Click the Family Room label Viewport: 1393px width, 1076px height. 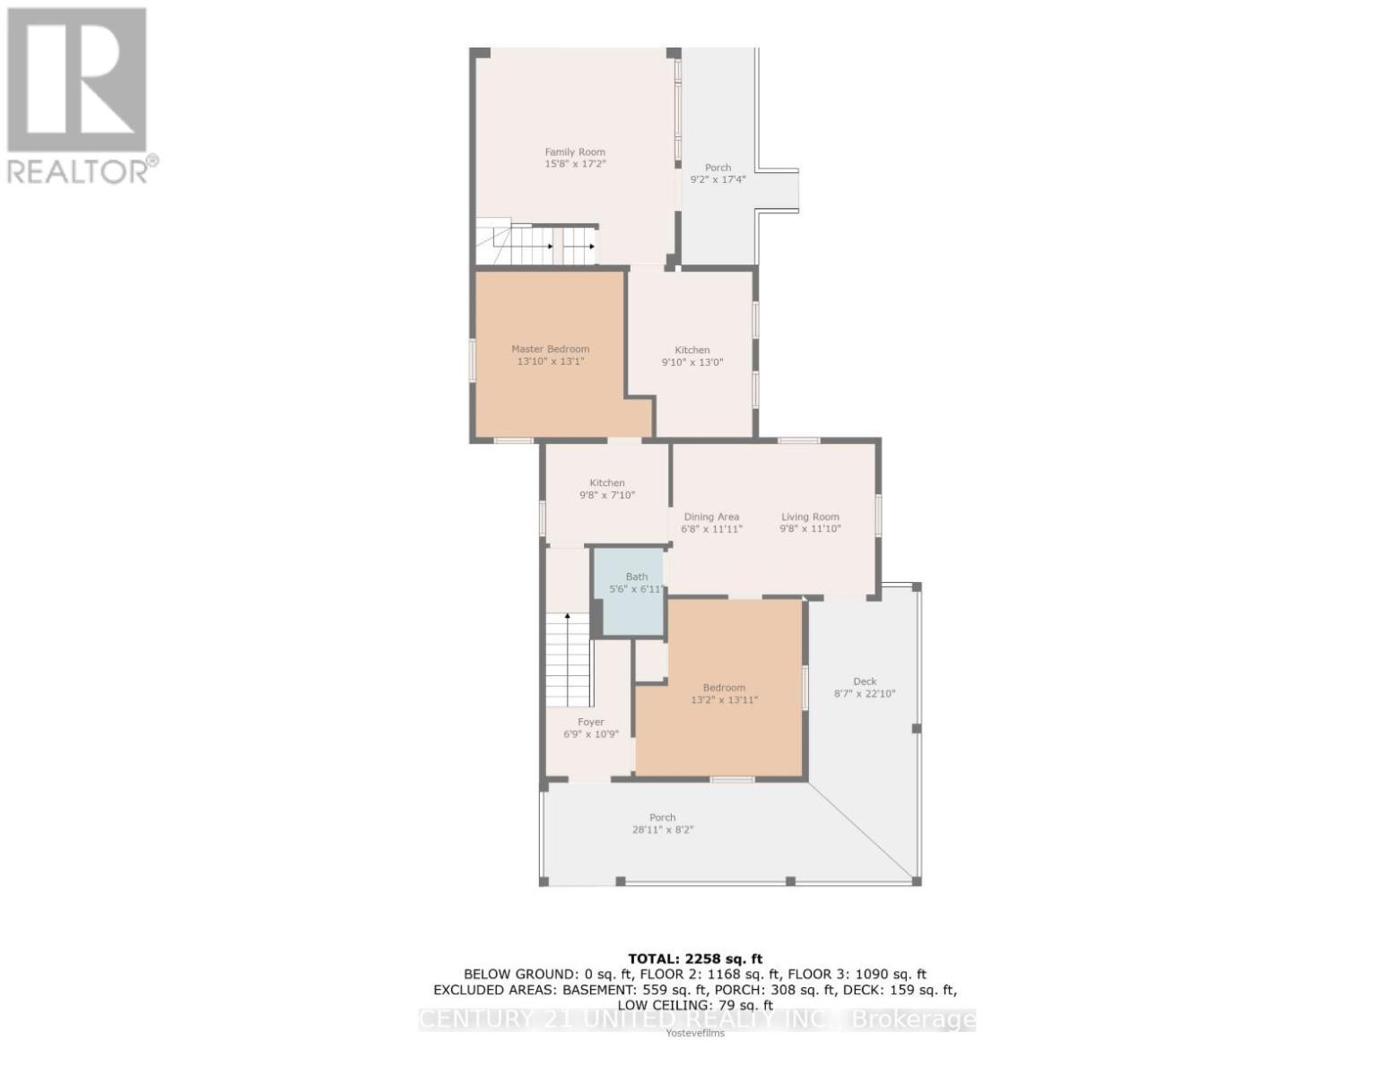[x=575, y=152]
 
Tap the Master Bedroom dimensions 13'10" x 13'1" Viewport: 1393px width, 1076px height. [x=550, y=362]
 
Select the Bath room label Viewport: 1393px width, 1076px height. [x=636, y=577]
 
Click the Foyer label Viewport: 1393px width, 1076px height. [x=590, y=722]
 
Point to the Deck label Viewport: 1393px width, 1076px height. [x=865, y=681]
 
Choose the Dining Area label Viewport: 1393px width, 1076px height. [x=711, y=516]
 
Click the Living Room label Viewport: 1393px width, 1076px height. [x=810, y=516]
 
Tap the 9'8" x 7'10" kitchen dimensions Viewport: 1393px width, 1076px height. [x=606, y=495]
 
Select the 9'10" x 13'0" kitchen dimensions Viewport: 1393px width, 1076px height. [x=692, y=363]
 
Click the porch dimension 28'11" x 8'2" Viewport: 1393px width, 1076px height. [x=662, y=830]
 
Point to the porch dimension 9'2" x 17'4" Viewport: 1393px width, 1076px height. [x=718, y=180]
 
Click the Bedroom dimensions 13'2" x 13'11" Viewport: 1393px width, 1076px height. [x=724, y=700]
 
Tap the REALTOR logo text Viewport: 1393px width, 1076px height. [x=83, y=171]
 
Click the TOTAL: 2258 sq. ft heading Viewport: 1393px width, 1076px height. [x=695, y=959]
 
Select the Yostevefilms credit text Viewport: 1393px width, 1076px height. [x=695, y=1033]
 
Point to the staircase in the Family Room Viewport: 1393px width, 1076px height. [x=536, y=244]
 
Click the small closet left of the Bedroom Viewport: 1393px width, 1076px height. [x=651, y=661]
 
